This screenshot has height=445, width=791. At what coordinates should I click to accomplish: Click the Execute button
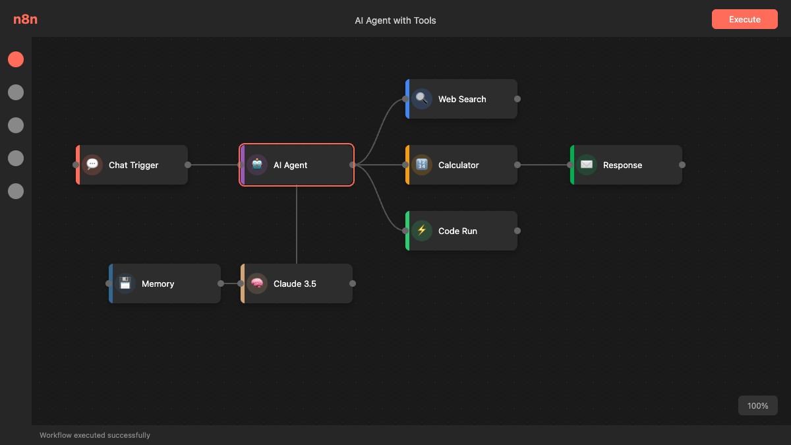click(744, 19)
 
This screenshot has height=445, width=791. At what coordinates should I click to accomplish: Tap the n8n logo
click(25, 19)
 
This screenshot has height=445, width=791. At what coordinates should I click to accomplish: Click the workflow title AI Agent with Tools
click(395, 20)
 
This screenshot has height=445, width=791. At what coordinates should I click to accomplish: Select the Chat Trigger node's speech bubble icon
click(92, 165)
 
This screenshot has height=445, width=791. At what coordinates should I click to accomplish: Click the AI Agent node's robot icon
click(257, 165)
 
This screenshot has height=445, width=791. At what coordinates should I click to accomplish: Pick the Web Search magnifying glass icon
click(422, 99)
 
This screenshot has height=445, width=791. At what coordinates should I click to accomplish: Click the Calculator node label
click(458, 165)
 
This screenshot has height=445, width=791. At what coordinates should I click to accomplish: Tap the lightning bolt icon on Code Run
click(422, 231)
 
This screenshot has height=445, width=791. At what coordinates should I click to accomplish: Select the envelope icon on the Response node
click(587, 165)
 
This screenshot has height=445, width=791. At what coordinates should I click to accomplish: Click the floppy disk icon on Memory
click(125, 283)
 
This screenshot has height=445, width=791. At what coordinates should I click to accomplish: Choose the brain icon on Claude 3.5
click(257, 283)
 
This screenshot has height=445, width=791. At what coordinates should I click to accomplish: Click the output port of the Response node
click(682, 165)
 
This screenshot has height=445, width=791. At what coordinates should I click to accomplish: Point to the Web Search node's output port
click(517, 99)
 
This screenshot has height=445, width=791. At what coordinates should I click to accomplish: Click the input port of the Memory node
click(109, 283)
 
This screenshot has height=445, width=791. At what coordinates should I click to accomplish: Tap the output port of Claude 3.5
click(353, 283)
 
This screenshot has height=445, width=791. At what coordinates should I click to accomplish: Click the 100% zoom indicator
click(757, 405)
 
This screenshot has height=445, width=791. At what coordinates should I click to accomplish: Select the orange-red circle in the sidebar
click(16, 59)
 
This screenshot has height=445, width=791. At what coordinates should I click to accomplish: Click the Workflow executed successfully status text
click(95, 435)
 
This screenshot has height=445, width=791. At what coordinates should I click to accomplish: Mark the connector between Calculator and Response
click(544, 165)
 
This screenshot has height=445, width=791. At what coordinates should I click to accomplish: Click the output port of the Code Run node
click(517, 231)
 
